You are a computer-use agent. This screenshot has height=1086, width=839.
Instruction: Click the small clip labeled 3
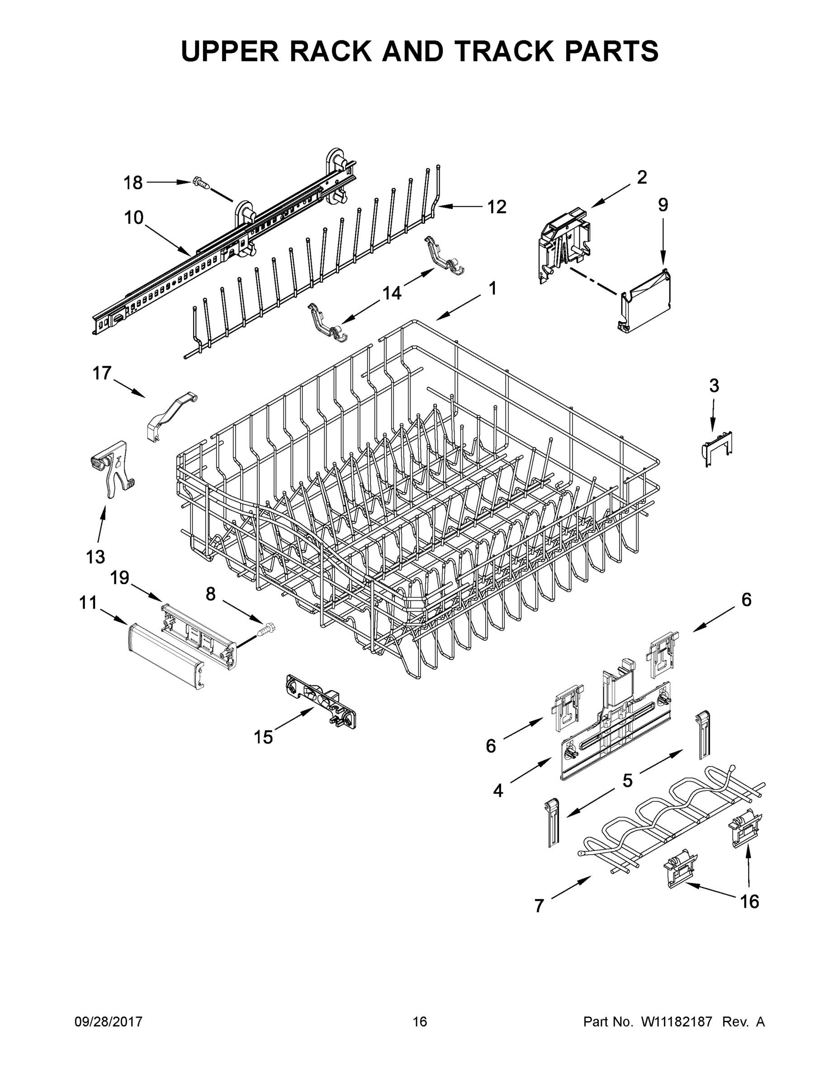click(717, 447)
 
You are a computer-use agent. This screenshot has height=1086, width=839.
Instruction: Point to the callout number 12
click(496, 207)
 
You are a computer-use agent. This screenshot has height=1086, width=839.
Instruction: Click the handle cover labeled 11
click(164, 657)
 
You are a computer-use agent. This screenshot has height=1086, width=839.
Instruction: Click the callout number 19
click(120, 577)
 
